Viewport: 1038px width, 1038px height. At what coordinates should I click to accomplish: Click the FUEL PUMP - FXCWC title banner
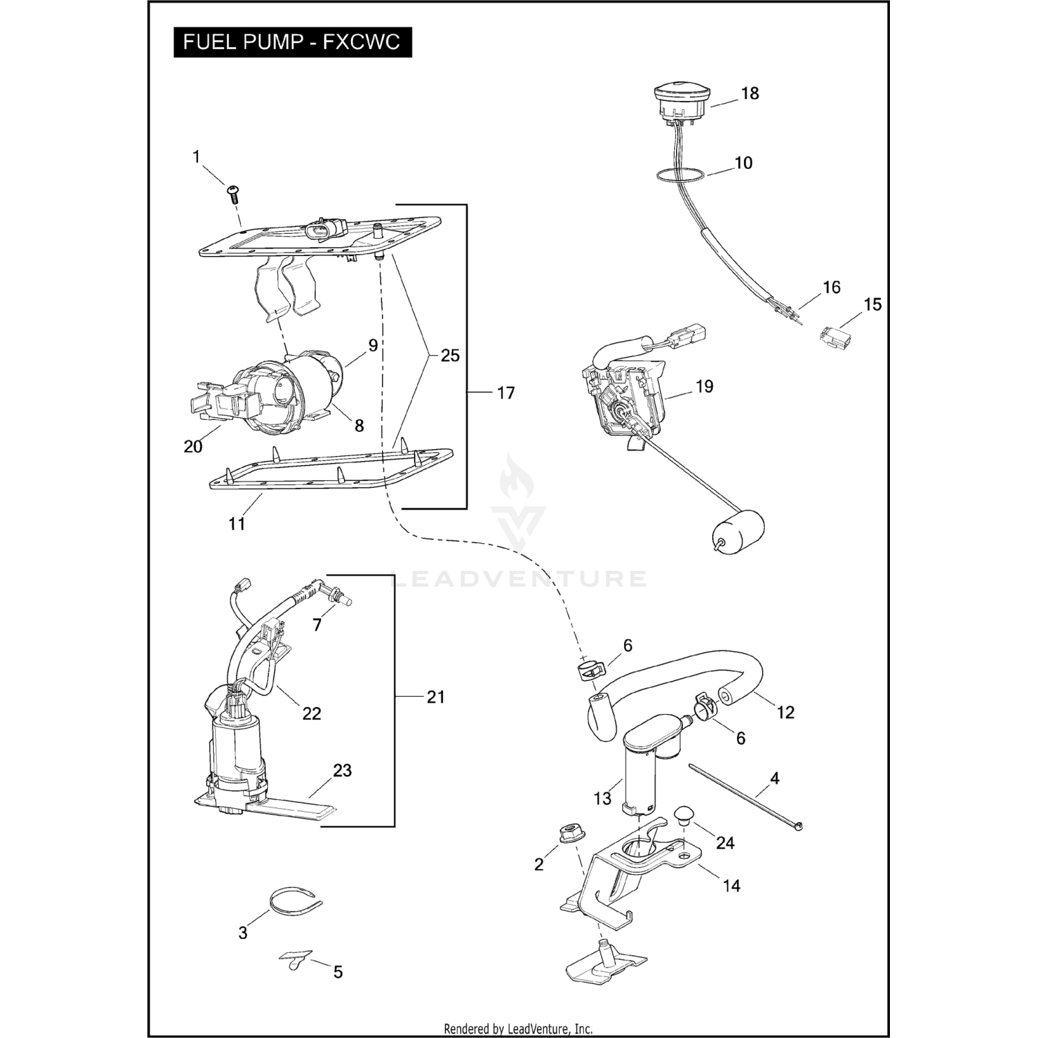pyautogui.click(x=292, y=42)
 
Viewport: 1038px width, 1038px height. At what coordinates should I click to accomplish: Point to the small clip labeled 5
pyautogui.click(x=296, y=959)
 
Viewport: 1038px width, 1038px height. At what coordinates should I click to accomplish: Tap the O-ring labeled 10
pyautogui.click(x=682, y=175)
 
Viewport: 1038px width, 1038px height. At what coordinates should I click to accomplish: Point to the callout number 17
pyautogui.click(x=506, y=393)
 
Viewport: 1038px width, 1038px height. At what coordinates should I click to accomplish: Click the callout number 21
pyautogui.click(x=435, y=697)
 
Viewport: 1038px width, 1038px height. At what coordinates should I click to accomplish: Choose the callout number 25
pyautogui.click(x=450, y=356)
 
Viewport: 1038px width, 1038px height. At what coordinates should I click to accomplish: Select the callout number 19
pyautogui.click(x=704, y=387)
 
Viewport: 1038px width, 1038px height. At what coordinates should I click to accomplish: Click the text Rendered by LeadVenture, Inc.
pyautogui.click(x=518, y=1029)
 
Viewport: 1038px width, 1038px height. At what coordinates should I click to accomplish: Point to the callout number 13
pyautogui.click(x=602, y=799)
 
